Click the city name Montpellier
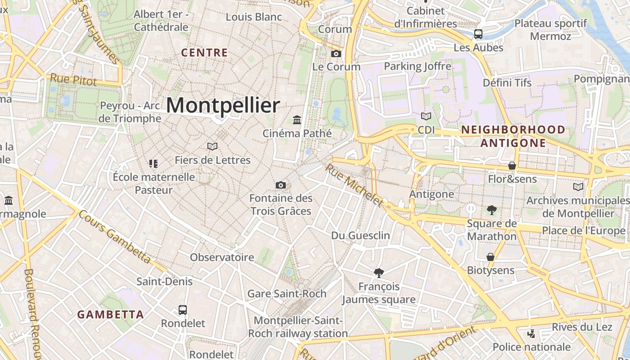[x=223, y=105]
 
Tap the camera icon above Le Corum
[x=336, y=54]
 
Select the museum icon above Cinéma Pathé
[x=297, y=120]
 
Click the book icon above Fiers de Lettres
[x=212, y=146]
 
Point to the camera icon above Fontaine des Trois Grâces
[x=281, y=185]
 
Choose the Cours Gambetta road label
[x=114, y=237]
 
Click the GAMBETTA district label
[x=110, y=315]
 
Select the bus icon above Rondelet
[x=183, y=310]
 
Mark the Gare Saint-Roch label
[x=287, y=294]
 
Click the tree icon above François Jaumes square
[x=379, y=273]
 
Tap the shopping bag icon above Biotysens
[x=490, y=257]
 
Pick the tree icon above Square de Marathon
[x=491, y=210]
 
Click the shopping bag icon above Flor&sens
[x=512, y=166]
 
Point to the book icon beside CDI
[x=426, y=116]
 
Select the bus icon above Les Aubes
[x=478, y=34]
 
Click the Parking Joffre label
[x=417, y=67]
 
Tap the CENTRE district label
[x=204, y=53]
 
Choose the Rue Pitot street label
[x=73, y=80]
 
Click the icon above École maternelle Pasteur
[x=153, y=163]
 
